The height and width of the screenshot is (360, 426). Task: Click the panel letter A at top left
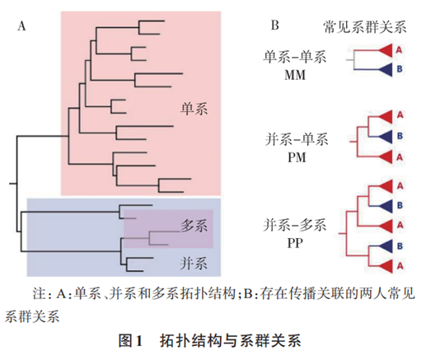tap(21, 26)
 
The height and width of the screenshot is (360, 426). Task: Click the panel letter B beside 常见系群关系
tap(274, 26)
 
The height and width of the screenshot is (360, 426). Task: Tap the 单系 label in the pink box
tap(194, 109)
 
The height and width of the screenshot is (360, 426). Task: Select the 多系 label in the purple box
tap(194, 226)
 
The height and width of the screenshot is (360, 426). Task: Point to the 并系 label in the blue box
tap(194, 263)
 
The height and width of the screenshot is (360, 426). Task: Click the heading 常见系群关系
tap(365, 27)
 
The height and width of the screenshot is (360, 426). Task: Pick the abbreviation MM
tap(295, 75)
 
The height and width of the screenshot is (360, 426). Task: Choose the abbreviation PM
tap(297, 157)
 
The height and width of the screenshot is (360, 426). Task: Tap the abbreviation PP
tap(295, 243)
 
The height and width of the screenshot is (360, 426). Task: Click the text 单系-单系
tap(295, 57)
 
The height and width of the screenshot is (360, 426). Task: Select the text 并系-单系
tap(297, 139)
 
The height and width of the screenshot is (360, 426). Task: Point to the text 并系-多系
tap(295, 225)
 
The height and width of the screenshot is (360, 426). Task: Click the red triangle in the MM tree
tap(386, 50)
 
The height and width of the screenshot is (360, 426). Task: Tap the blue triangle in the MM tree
tap(386, 69)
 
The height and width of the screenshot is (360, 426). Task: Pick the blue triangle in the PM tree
tap(386, 137)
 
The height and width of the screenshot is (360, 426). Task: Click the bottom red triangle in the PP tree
tap(386, 266)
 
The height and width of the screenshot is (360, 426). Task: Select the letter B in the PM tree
tap(400, 136)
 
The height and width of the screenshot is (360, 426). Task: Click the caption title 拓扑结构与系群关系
tap(230, 341)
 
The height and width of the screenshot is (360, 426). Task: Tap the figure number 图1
tap(130, 341)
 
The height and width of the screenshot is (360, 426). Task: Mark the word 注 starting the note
tap(40, 293)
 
